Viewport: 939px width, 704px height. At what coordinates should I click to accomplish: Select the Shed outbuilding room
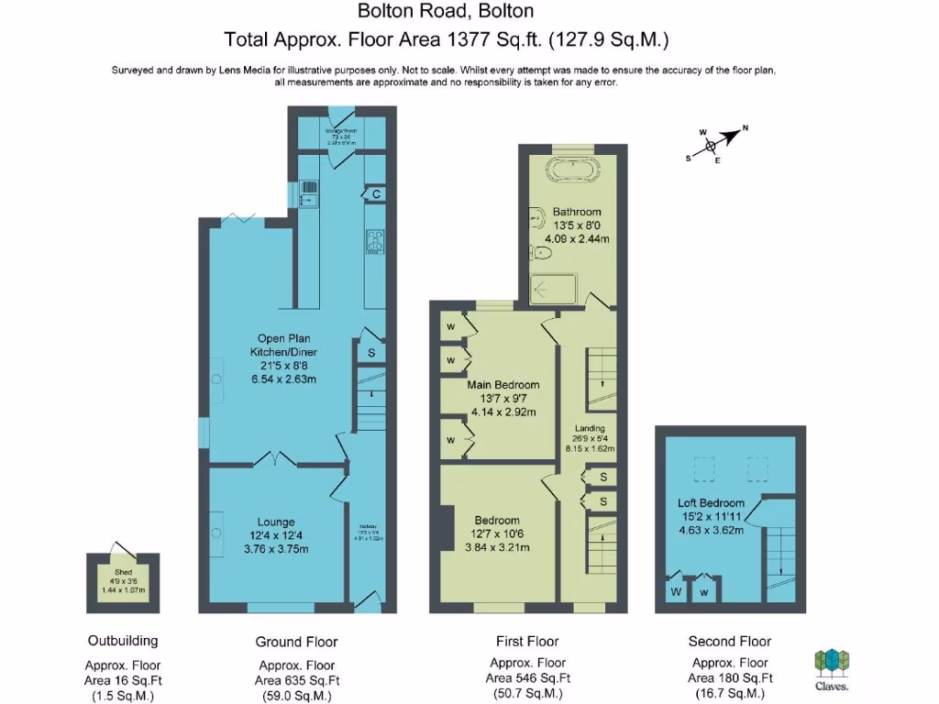click(123, 584)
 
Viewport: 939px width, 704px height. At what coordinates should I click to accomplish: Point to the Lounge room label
click(275, 522)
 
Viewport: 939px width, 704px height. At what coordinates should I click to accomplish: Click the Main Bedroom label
click(503, 385)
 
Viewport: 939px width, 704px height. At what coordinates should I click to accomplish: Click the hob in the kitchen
click(375, 240)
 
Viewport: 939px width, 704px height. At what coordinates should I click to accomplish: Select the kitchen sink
click(309, 192)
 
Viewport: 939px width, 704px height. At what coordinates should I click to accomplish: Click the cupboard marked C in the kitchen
click(376, 194)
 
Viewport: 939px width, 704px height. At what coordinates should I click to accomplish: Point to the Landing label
click(590, 428)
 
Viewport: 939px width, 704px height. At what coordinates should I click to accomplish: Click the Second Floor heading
click(729, 642)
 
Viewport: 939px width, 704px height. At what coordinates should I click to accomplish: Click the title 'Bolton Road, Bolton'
click(445, 12)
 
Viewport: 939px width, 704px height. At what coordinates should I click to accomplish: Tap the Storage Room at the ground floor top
click(342, 137)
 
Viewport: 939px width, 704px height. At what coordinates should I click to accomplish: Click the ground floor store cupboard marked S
click(371, 352)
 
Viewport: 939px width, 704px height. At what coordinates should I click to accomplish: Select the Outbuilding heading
click(123, 641)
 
